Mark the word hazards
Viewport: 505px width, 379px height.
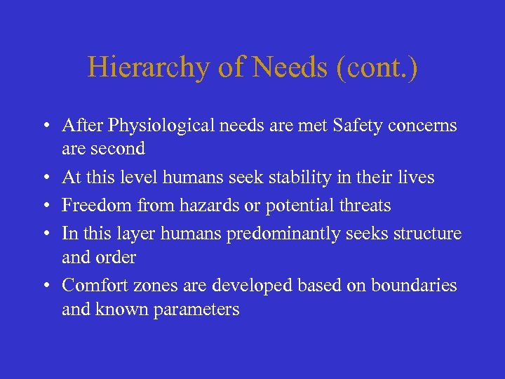click(199, 206)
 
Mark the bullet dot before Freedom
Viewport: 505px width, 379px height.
click(44, 206)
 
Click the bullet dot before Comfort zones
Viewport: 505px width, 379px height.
click(44, 286)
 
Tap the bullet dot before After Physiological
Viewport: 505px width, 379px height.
click(44, 127)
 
